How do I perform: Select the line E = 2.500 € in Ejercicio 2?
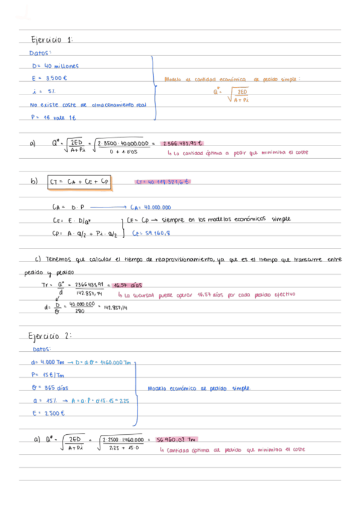pos(47,414)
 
